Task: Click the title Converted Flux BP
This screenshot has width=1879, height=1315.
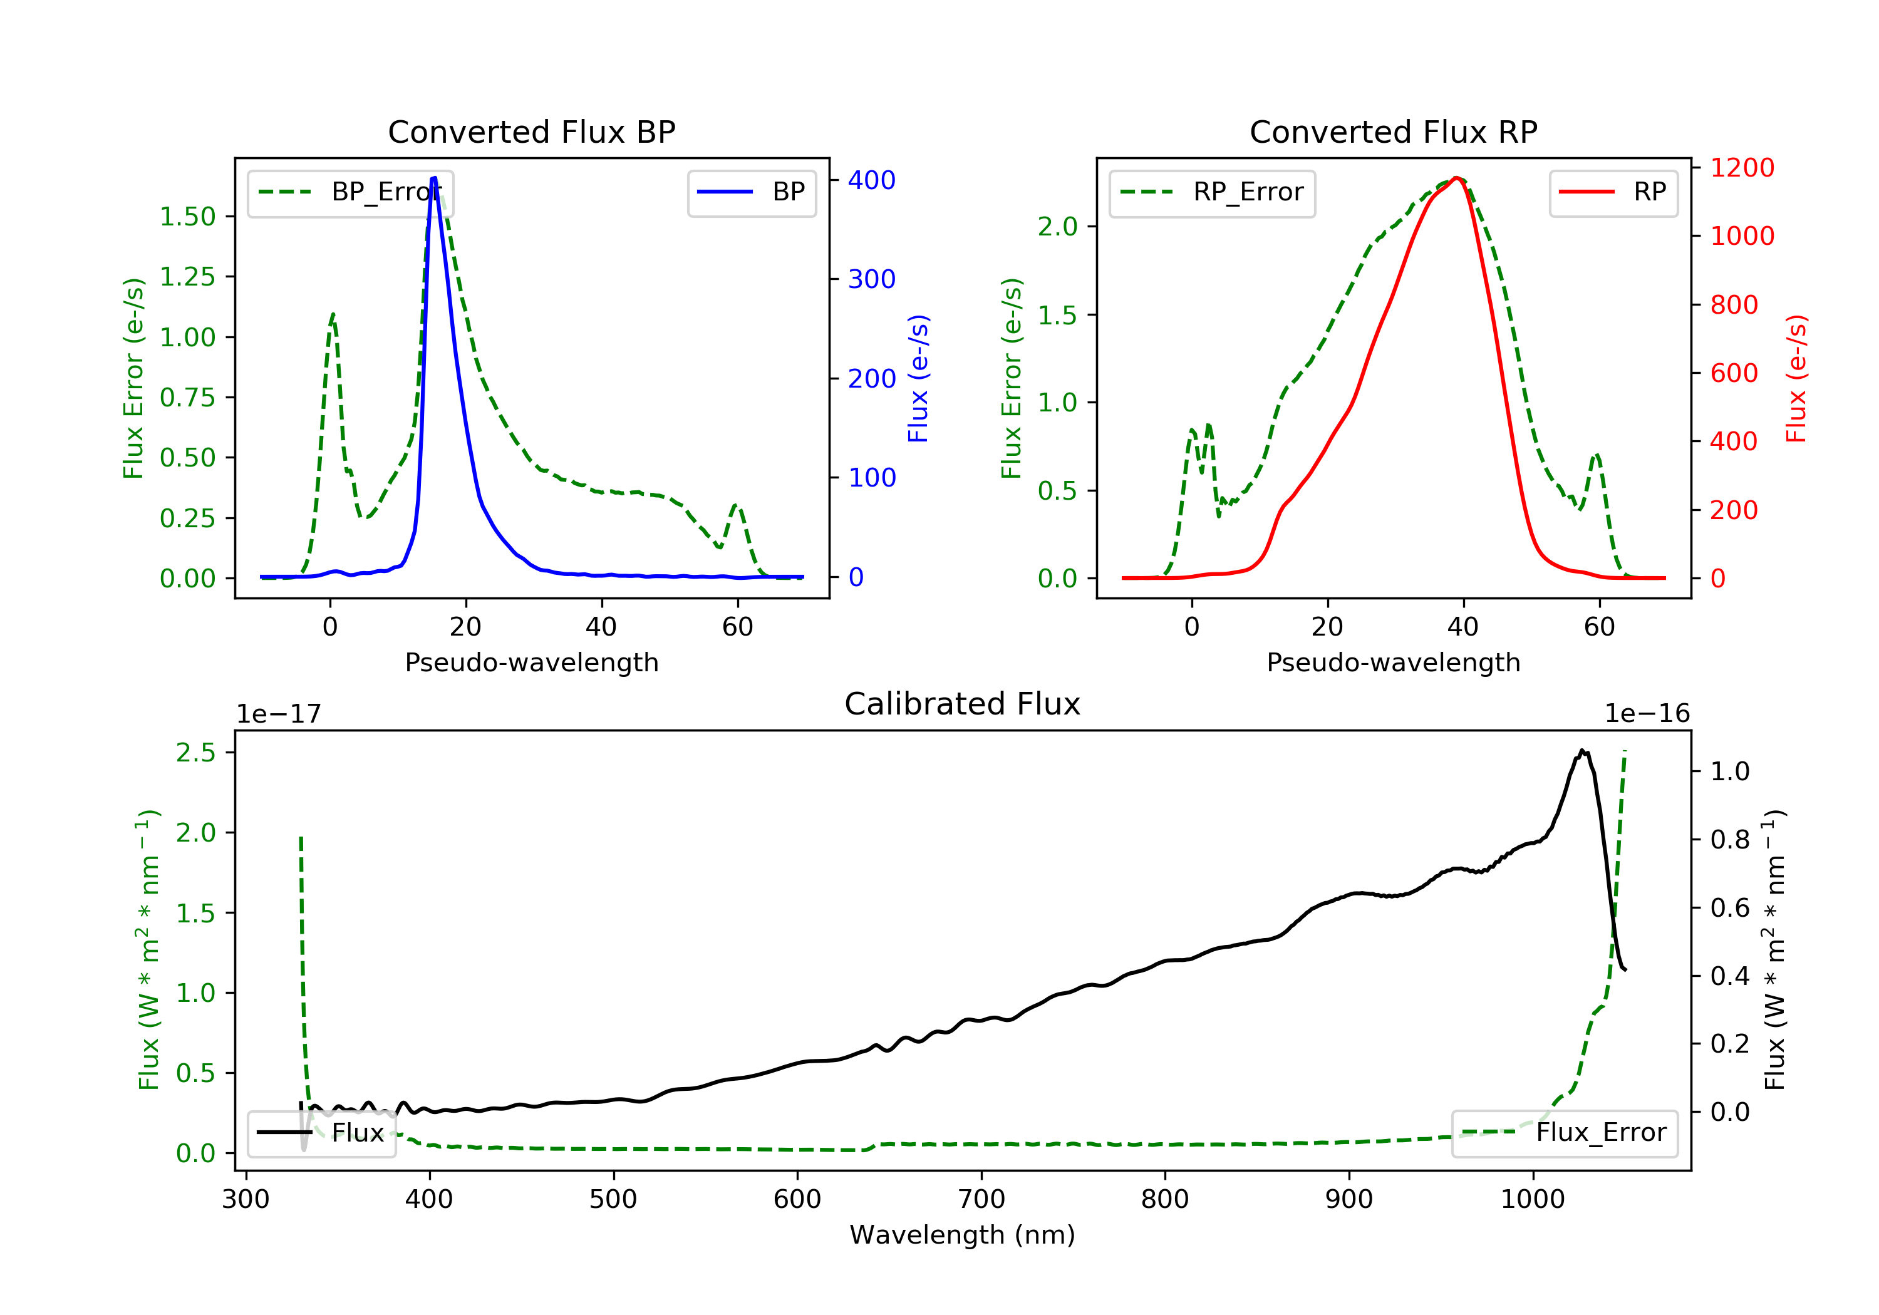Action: (x=531, y=131)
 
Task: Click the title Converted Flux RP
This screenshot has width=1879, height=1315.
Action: (x=1393, y=131)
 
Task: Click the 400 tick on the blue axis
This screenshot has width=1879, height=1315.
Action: (x=872, y=180)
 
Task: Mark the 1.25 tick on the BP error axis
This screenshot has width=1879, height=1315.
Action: (x=187, y=277)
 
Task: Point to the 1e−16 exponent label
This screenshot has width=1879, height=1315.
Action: (x=1647, y=714)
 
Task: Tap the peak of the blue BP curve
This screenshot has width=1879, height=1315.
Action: (x=434, y=178)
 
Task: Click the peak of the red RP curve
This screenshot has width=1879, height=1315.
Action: (x=1457, y=178)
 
